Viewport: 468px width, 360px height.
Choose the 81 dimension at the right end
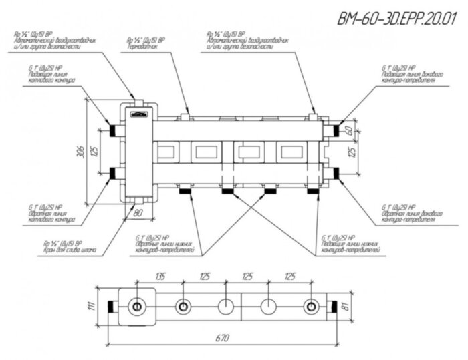coord(346,307)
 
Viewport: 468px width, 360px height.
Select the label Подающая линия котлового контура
coord(47,77)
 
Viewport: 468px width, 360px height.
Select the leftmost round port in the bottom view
coord(137,307)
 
